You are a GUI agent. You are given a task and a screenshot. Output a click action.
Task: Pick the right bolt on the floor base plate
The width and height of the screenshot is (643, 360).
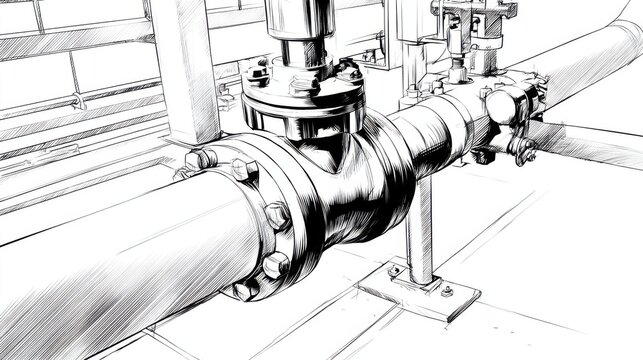point(446,292)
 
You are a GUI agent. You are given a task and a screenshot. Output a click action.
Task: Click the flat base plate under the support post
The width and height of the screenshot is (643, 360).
point(418,290)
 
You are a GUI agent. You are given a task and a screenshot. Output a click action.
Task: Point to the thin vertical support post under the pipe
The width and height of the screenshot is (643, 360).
point(420,230)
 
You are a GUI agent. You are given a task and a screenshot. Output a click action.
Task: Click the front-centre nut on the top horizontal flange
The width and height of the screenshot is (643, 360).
point(300,87)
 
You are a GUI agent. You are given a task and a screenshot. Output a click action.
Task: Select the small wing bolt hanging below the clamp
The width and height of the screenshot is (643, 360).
point(521,152)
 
